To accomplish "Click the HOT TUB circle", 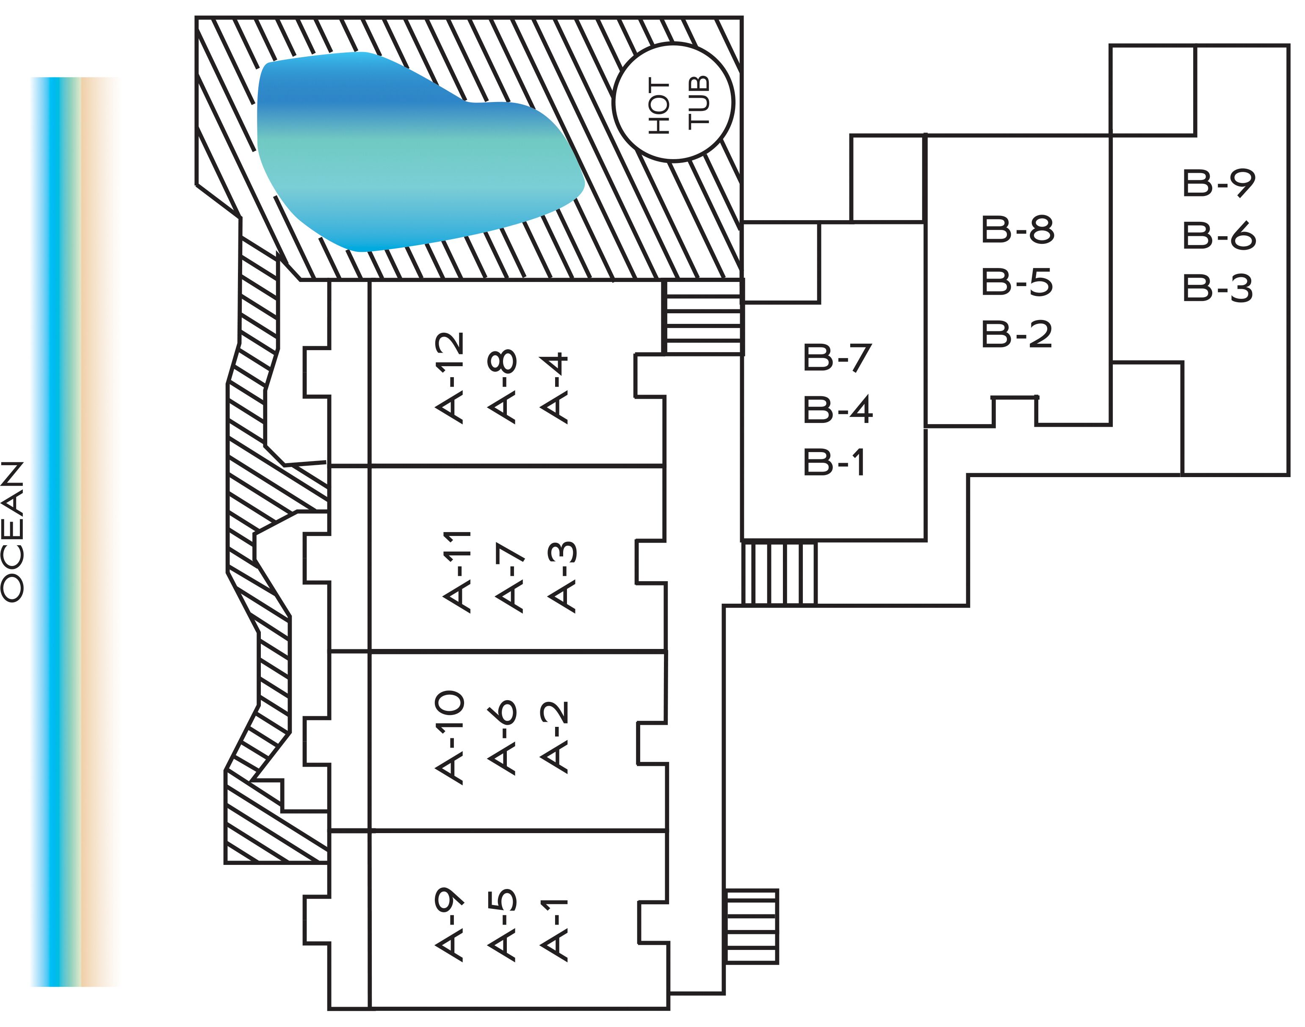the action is point(674,43).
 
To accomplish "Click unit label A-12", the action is point(449,378).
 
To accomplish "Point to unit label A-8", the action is point(502,386).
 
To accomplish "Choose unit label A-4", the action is point(554,388).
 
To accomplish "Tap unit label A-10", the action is point(449,737).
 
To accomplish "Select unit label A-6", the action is point(502,737).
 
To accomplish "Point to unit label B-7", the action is point(837,358).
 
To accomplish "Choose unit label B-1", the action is point(834,462).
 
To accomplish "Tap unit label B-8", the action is point(1017,230).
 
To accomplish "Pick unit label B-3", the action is point(1218,288).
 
